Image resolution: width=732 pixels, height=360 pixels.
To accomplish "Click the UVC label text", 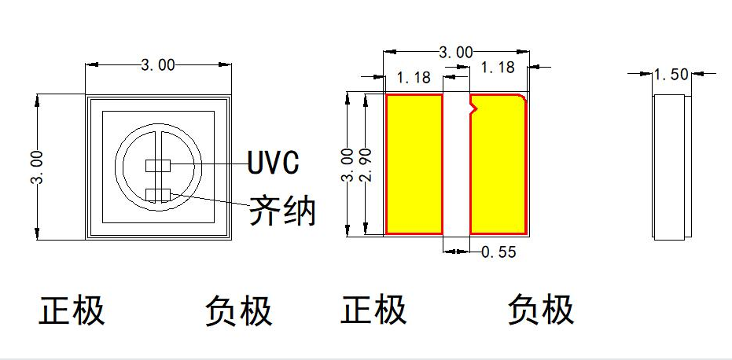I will coord(273,163).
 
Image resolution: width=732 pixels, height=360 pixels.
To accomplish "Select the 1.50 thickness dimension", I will coord(671,74).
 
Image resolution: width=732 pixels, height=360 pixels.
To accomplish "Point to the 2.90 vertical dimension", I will coord(363,164).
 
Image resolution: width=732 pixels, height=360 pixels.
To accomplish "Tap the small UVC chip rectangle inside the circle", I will coord(159,166).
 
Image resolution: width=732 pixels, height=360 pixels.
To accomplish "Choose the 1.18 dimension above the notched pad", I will coord(497,68).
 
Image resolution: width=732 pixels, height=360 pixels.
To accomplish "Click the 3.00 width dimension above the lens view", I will coord(158,65).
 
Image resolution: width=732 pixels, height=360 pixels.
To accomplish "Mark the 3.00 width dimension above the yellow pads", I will coord(455,53).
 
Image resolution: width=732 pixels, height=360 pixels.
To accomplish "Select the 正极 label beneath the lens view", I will coord(72,310).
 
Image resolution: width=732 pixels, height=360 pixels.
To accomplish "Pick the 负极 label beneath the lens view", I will coord(239,310).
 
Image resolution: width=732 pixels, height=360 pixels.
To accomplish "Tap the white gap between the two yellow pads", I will coord(456,165).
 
